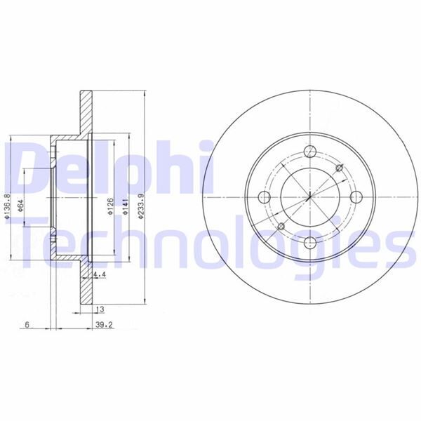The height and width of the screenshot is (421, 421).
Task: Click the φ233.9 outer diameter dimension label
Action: [141, 208]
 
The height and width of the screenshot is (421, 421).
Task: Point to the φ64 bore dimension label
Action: [21, 208]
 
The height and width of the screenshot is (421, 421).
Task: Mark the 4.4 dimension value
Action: [99, 276]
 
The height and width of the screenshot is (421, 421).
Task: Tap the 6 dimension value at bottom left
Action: [26, 326]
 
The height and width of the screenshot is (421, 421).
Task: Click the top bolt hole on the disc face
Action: [309, 150]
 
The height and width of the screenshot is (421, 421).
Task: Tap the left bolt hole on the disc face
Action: [263, 196]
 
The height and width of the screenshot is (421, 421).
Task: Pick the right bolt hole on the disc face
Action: [356, 196]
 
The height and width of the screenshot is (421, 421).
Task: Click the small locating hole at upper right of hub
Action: [340, 166]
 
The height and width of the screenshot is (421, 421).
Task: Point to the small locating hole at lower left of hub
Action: [279, 226]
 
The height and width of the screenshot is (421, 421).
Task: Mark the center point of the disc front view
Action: [309, 196]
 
